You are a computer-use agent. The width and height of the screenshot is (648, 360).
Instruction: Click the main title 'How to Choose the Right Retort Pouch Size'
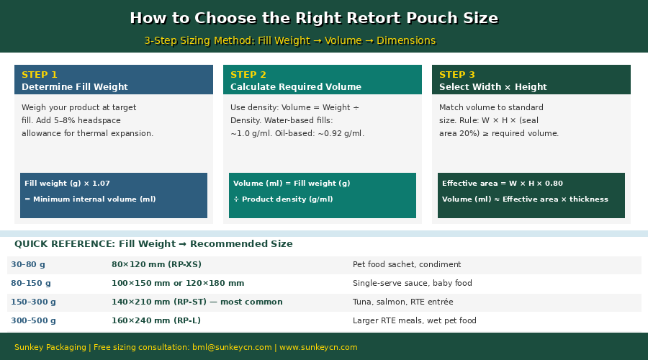(x=314, y=18)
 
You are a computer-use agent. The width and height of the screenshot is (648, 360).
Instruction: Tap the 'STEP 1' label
(x=40, y=75)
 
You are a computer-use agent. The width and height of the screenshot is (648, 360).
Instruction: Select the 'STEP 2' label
(x=248, y=75)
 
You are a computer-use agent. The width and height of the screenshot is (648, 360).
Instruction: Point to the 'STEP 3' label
(x=457, y=75)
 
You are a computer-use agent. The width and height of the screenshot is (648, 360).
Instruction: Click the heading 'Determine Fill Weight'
(x=75, y=87)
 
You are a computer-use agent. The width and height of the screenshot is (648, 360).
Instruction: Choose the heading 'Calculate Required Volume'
(x=296, y=87)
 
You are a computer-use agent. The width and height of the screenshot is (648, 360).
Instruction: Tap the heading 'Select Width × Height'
(x=493, y=87)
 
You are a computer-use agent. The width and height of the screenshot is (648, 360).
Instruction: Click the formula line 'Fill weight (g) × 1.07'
(x=67, y=183)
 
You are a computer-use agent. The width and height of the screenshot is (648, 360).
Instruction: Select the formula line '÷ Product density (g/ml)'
(x=283, y=199)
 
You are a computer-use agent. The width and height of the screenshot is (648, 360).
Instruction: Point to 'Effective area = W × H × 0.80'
(x=503, y=183)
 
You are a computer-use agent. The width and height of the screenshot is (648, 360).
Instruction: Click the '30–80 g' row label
(x=28, y=264)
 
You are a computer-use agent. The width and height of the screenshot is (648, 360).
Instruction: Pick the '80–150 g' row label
(x=31, y=283)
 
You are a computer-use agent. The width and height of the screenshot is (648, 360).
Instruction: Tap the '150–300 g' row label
(x=33, y=302)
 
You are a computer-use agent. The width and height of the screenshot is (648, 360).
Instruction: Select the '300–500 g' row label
(x=33, y=320)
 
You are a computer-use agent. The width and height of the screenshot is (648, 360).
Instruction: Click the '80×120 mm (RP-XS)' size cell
(x=156, y=264)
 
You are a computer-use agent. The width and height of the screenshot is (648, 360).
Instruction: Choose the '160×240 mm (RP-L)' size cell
(x=156, y=320)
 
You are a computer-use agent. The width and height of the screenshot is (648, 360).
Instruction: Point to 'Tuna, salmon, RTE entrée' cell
(x=403, y=302)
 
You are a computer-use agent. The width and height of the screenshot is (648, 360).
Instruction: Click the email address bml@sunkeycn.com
(x=232, y=347)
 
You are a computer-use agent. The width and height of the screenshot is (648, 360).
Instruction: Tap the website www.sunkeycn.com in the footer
(x=318, y=347)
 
